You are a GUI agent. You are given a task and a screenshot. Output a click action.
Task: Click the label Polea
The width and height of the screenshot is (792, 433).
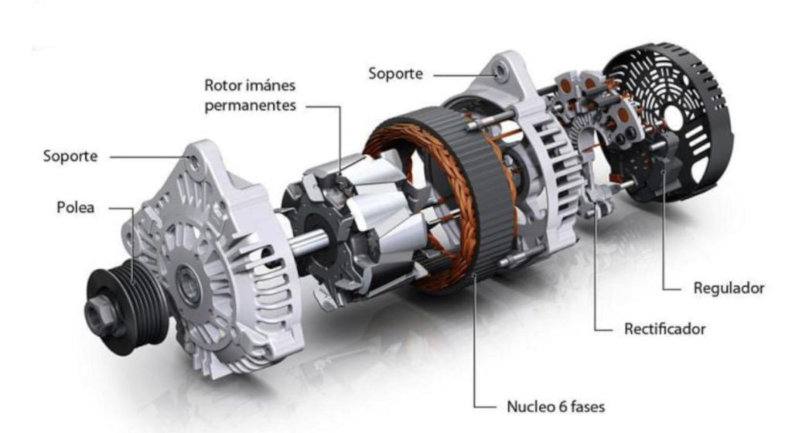(x=75, y=208)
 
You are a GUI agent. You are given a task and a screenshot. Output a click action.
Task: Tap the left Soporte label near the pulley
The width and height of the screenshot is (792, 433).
(x=70, y=156)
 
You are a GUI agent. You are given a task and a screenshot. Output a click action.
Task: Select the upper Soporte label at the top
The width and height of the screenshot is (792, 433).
(x=395, y=74)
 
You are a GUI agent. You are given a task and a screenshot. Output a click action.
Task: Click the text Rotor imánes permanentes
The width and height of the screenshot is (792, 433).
(x=250, y=94)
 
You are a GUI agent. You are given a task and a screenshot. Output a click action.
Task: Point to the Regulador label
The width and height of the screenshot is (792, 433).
(x=728, y=288)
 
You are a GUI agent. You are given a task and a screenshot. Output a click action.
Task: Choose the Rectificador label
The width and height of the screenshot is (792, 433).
(x=664, y=329)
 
